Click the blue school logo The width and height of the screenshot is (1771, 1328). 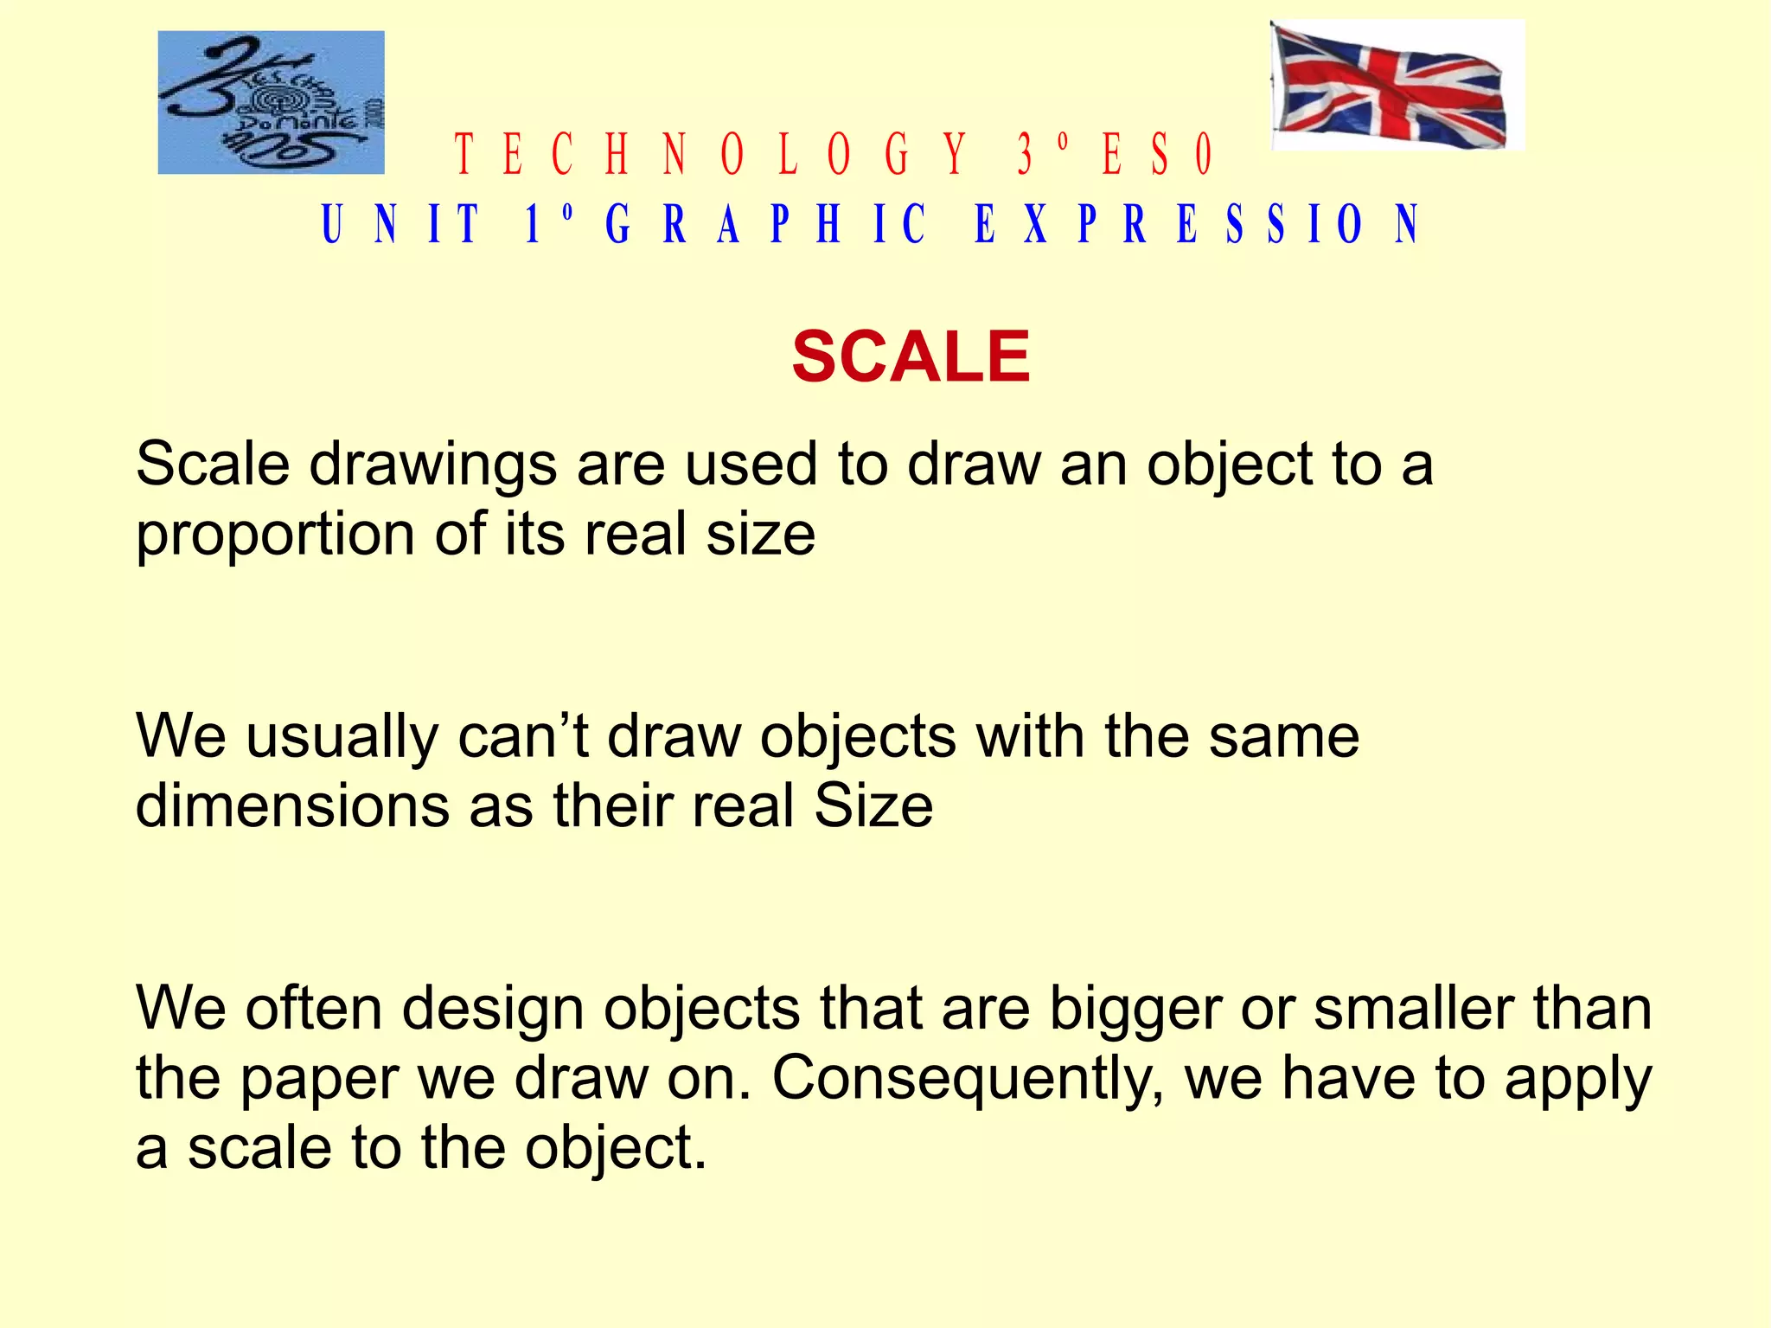271,102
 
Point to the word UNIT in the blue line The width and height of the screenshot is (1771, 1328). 400,224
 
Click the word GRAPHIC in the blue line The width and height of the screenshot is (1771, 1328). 765,224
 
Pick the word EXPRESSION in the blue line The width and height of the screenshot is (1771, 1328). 1197,224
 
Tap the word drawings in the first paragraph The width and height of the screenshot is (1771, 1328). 433,465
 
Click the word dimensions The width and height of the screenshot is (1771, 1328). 291,806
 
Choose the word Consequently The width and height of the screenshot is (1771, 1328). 968,1080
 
